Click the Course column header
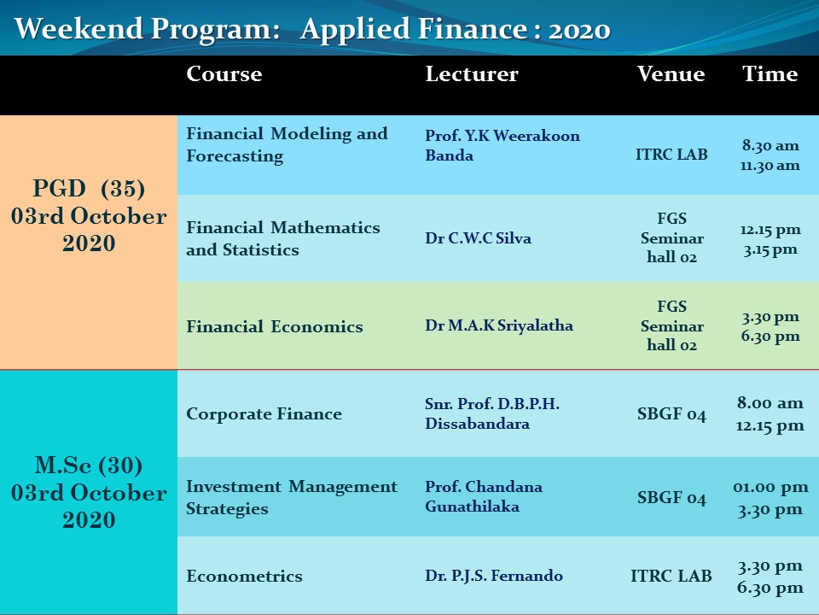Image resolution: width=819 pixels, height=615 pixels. pyautogui.click(x=224, y=73)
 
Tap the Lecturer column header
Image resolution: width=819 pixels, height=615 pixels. pyautogui.click(x=472, y=73)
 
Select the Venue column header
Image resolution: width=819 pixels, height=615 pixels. pyautogui.click(x=671, y=73)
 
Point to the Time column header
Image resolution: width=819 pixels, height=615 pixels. pyautogui.click(x=770, y=73)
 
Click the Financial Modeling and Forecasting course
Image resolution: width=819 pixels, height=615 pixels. pyautogui.click(x=287, y=144)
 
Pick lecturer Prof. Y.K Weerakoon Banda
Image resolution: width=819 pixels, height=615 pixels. pyautogui.click(x=502, y=145)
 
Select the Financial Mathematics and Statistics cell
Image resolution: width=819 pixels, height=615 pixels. pyautogui.click(x=283, y=238)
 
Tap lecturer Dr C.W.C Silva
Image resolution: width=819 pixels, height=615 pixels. pyautogui.click(x=478, y=238)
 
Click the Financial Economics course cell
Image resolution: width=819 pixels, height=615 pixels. pyautogui.click(x=274, y=326)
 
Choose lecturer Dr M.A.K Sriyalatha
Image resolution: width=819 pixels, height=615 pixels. pyautogui.click(x=499, y=325)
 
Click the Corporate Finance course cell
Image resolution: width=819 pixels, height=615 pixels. pyautogui.click(x=264, y=413)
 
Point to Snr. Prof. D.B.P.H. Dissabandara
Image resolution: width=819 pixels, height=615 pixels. pyautogui.click(x=492, y=413)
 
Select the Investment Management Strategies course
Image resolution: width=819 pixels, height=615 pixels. pyautogui.click(x=292, y=497)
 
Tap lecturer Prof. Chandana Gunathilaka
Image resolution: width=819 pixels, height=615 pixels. pyautogui.click(x=483, y=496)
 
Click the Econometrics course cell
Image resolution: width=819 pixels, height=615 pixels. pyautogui.click(x=244, y=576)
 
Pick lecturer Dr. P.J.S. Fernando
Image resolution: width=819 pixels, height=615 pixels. pyautogui.click(x=494, y=575)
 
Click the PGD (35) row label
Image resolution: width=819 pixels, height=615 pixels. pyautogui.click(x=89, y=188)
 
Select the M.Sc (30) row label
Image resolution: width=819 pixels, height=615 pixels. pyautogui.click(x=89, y=465)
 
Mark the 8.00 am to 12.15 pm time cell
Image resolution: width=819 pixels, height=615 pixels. pyautogui.click(x=770, y=413)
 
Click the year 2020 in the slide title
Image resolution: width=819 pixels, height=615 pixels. pyautogui.click(x=579, y=29)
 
